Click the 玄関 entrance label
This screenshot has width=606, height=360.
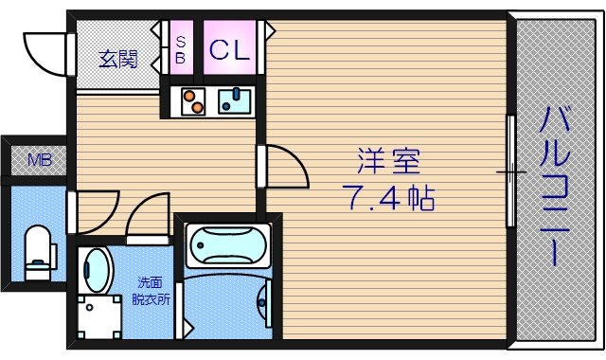click(x=118, y=59)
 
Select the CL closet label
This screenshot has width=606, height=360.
click(x=229, y=50)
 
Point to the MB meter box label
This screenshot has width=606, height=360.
click(x=39, y=159)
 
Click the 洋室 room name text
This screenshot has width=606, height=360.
click(x=387, y=163)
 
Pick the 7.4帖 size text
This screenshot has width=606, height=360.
click(x=387, y=199)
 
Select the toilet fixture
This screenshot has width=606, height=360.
click(x=38, y=251)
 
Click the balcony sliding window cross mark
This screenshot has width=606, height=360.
click(x=511, y=172)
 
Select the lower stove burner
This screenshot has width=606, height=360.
click(x=196, y=106)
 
